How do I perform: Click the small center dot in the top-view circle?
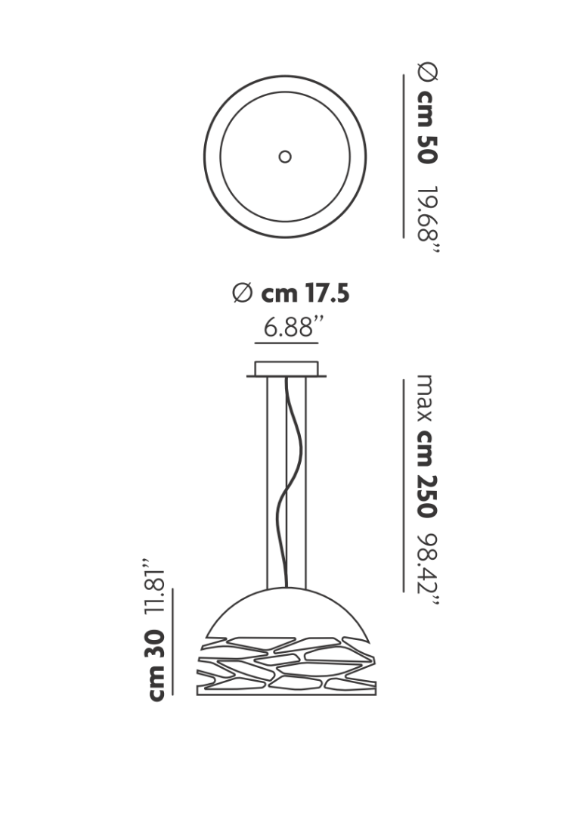(x=285, y=157)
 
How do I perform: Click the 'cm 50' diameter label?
(x=427, y=127)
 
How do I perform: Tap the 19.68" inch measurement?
(x=429, y=219)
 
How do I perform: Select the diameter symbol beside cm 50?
(x=428, y=72)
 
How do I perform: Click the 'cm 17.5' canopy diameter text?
(x=305, y=294)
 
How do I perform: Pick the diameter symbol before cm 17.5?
(x=242, y=293)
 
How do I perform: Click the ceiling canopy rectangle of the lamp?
(x=286, y=368)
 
